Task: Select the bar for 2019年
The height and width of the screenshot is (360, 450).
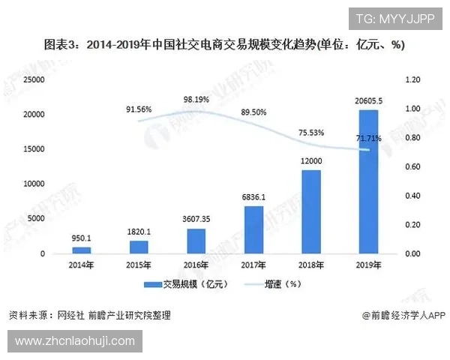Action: click(368, 181)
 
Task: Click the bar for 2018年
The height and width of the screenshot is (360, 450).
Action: click(310, 211)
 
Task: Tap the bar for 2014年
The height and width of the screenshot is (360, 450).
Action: click(82, 250)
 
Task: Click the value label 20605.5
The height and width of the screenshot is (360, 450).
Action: click(369, 101)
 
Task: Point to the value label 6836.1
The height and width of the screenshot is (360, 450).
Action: click(253, 197)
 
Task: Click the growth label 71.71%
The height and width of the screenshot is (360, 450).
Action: click(368, 139)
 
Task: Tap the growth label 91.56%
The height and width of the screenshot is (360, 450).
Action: click(139, 109)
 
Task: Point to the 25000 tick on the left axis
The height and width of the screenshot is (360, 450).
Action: click(34, 79)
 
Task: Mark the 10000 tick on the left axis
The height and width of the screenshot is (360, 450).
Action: click(34, 184)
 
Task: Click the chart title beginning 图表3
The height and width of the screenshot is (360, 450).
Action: click(224, 45)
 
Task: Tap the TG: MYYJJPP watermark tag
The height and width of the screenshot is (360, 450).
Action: click(394, 19)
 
